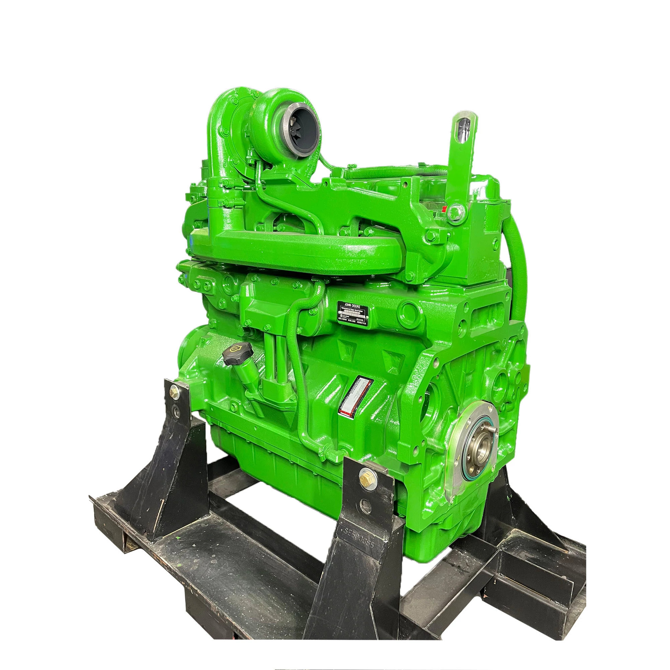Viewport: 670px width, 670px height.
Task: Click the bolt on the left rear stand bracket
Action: [x=172, y=392]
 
